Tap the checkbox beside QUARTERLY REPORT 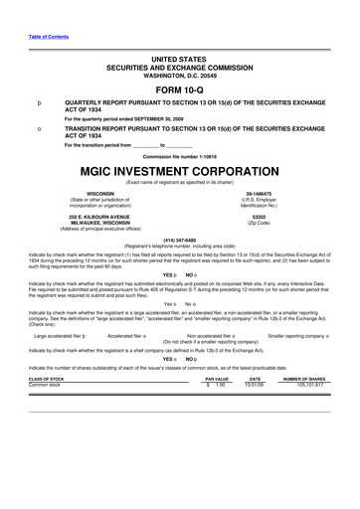click(38, 101)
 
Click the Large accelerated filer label click(68, 309)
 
